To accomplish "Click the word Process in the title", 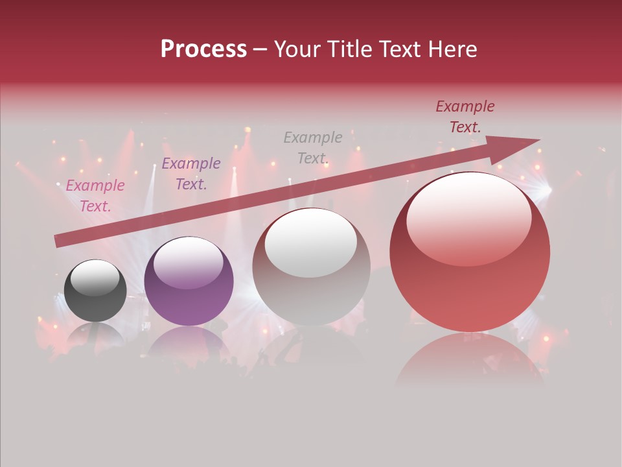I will click(203, 49).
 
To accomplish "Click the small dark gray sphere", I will click(95, 291).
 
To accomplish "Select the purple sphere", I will click(189, 281).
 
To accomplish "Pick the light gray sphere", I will click(312, 267).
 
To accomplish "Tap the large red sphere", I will click(470, 252).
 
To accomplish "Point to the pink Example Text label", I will click(95, 196).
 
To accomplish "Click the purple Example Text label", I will click(191, 174).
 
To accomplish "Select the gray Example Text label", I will click(313, 148).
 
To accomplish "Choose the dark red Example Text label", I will click(465, 117).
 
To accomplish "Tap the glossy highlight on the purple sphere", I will click(188, 258).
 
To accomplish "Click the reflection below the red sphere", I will click(470, 357).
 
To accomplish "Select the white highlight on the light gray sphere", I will click(311, 243).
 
